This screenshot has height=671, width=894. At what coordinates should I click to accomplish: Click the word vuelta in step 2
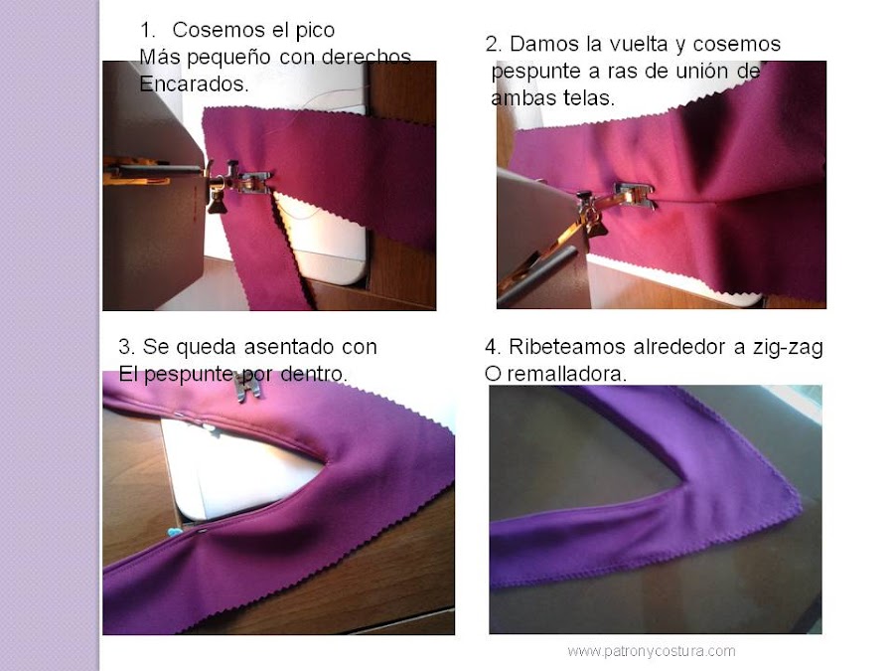click(625, 45)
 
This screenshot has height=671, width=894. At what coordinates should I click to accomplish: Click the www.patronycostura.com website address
click(651, 651)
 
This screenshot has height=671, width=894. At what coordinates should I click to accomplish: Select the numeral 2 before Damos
click(493, 45)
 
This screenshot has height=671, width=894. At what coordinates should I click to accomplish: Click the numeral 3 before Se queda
click(124, 348)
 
